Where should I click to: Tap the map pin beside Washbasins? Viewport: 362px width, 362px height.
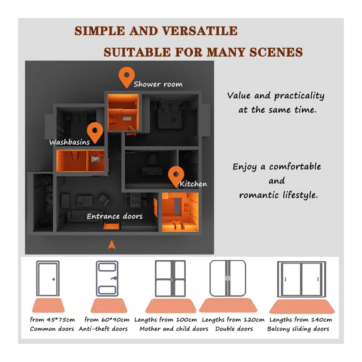95,132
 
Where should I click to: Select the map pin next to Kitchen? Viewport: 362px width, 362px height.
176,176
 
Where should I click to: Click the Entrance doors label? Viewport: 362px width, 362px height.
114,216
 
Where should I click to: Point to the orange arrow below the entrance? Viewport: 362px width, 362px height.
112,245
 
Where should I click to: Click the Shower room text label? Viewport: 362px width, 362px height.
158,84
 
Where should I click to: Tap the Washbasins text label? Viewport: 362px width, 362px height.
70,142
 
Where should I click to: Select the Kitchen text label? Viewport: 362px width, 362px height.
193,184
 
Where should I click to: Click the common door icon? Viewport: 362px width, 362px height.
48,278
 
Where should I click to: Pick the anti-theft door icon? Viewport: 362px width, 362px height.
107,278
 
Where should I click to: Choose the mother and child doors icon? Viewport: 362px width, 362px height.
171,278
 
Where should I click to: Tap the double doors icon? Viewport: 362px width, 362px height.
228,278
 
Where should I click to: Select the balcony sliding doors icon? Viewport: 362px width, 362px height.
302,279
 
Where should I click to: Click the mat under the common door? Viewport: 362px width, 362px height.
48,305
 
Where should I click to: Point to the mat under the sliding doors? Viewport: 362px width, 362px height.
302,307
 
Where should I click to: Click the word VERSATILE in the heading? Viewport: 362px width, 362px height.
200,31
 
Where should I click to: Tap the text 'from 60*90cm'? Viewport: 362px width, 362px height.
107,320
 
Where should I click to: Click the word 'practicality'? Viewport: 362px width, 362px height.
299,96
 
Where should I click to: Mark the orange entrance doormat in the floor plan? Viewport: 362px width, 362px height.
112,226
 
